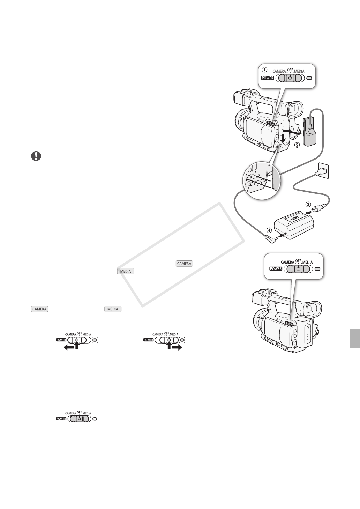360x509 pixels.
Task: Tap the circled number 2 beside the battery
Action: click(297, 145)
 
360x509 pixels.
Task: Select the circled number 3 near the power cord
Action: click(308, 205)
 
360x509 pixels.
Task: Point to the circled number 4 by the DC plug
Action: click(269, 230)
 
